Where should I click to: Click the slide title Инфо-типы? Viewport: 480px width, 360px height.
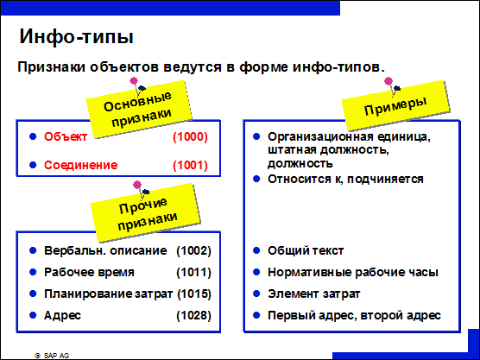pyautogui.click(x=76, y=37)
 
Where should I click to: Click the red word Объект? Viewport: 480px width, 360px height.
pyautogui.click(x=66, y=136)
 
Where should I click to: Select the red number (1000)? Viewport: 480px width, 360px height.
pyautogui.click(x=190, y=137)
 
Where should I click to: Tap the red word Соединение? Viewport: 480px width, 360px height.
pyautogui.click(x=81, y=165)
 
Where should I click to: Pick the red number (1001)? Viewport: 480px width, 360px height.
pyautogui.click(x=190, y=165)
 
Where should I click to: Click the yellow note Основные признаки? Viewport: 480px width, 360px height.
pyautogui.click(x=139, y=110)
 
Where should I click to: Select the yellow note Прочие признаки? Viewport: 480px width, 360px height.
pyautogui.click(x=145, y=212)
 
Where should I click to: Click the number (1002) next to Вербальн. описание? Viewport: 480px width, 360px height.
pyautogui.click(x=193, y=250)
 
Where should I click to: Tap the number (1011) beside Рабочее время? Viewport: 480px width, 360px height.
pyautogui.click(x=193, y=273)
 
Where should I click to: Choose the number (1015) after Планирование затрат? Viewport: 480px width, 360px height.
pyautogui.click(x=194, y=294)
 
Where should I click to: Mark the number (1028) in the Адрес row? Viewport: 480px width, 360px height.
pyautogui.click(x=193, y=316)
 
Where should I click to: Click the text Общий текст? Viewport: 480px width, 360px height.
pyautogui.click(x=306, y=250)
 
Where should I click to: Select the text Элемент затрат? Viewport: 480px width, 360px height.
pyautogui.click(x=313, y=294)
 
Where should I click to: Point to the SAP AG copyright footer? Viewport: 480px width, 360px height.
pyautogui.click(x=52, y=356)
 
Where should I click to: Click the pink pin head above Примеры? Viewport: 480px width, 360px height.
pyautogui.click(x=388, y=81)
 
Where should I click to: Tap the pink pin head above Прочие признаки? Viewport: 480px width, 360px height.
pyautogui.click(x=137, y=185)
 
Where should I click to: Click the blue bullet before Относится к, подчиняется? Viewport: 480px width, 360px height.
pyautogui.click(x=256, y=179)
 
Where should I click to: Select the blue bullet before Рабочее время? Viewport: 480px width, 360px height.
pyautogui.click(x=33, y=272)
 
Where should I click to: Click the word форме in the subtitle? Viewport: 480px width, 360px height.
pyautogui.click(x=263, y=67)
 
